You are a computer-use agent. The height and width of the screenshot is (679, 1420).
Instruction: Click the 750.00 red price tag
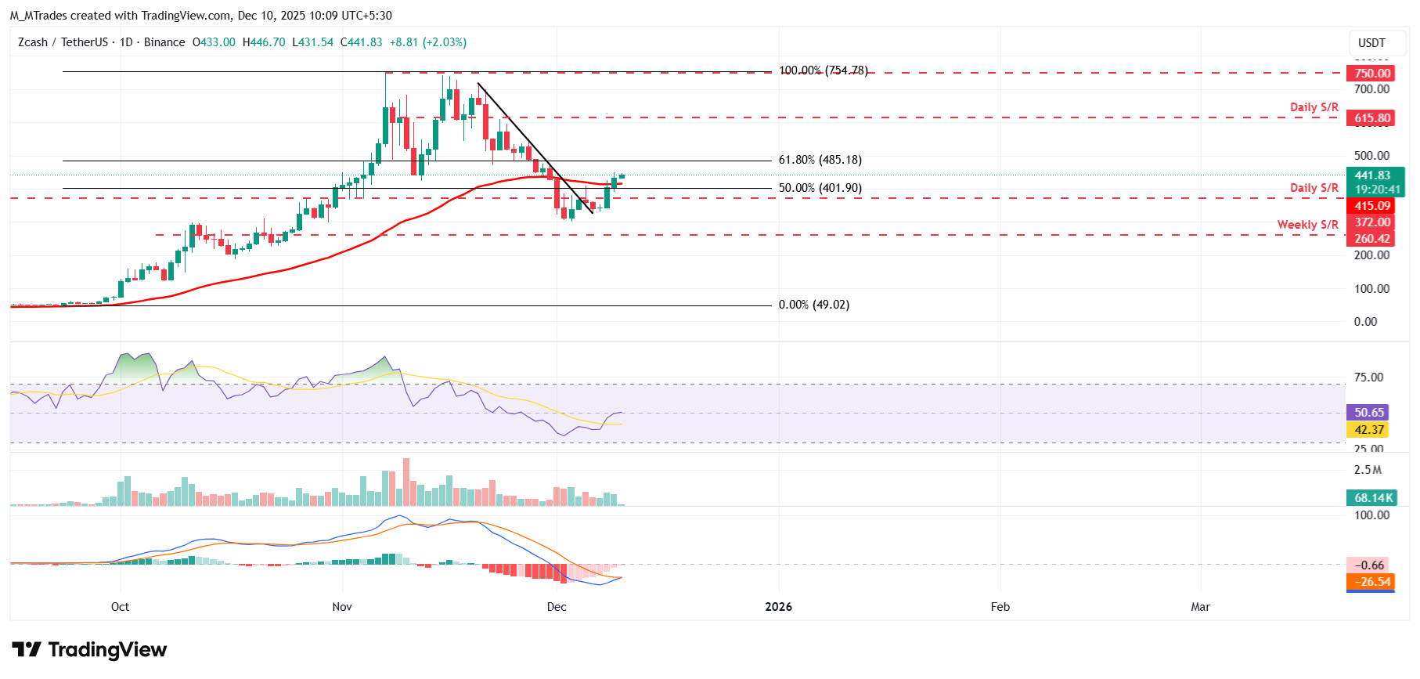[1372, 74]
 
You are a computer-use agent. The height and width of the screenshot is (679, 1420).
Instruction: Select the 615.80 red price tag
[1372, 119]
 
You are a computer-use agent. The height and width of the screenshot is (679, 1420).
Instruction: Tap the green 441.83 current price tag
[1375, 182]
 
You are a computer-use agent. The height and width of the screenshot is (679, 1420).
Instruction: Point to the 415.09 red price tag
[1372, 206]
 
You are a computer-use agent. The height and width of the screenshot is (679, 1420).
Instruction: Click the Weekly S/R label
[1307, 225]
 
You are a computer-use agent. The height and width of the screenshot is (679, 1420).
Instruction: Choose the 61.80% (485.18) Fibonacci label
[820, 160]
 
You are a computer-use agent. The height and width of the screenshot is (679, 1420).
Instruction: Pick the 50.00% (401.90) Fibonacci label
[820, 188]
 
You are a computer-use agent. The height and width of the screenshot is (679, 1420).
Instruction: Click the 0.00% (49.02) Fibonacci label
[813, 305]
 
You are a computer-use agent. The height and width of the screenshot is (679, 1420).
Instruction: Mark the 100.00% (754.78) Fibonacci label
[823, 70]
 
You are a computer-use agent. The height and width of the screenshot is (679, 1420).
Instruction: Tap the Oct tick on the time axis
[120, 607]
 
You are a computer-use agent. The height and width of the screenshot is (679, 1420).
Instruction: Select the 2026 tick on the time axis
[778, 607]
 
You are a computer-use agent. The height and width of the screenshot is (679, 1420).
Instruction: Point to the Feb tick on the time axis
[1000, 607]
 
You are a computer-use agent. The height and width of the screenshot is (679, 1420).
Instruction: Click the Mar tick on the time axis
[1200, 607]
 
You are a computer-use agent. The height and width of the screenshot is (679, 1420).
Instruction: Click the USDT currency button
[1371, 43]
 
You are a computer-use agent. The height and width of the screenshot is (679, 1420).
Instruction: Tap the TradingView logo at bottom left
[89, 650]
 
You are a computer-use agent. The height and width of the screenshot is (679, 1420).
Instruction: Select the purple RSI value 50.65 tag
[1369, 413]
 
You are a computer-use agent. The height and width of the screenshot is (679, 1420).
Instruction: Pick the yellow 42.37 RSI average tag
[1369, 430]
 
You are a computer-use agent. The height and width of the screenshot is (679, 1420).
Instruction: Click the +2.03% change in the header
[445, 42]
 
